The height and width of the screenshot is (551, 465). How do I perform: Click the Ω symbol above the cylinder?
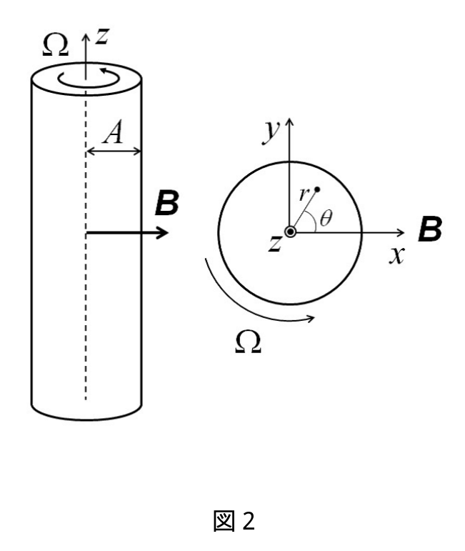[55, 46]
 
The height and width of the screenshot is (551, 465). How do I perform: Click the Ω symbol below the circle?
[248, 342]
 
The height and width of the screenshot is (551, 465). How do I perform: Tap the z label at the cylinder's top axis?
[102, 36]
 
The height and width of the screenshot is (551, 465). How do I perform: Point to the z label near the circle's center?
[275, 243]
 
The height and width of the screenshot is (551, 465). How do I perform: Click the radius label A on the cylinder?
[113, 132]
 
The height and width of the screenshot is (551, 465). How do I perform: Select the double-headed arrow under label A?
[114, 152]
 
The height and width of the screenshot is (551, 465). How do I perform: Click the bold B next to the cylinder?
[167, 203]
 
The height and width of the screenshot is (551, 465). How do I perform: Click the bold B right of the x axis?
[430, 229]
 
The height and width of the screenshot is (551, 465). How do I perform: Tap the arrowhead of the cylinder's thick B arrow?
[163, 233]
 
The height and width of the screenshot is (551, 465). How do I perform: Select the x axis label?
[397, 255]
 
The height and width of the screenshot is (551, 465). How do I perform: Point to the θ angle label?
[326, 218]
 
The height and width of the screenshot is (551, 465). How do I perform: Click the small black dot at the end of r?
[317, 189]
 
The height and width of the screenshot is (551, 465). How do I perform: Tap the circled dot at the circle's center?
[290, 232]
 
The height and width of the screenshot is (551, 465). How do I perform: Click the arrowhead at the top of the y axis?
[289, 121]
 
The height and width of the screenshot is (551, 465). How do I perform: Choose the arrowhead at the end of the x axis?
[401, 232]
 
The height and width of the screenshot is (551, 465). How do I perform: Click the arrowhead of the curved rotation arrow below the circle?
[311, 319]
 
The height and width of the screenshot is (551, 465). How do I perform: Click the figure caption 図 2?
[234, 521]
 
